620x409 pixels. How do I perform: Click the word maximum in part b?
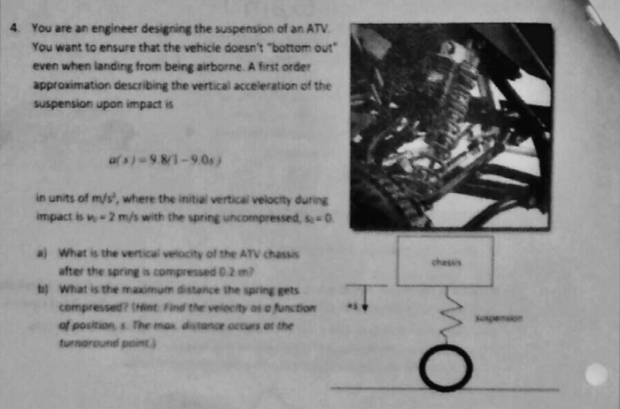(156, 289)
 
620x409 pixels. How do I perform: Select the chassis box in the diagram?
(445, 261)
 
